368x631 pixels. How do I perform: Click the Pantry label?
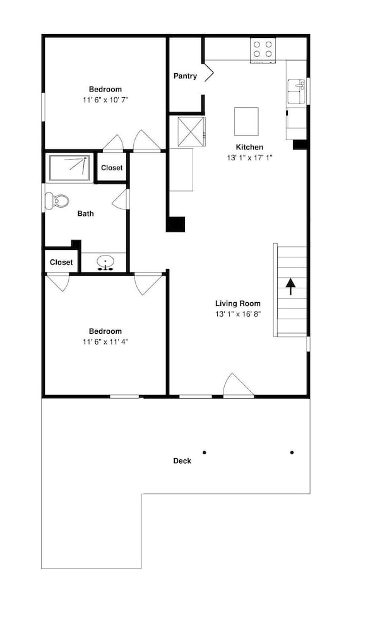point(185,76)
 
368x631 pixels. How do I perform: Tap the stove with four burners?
point(263,50)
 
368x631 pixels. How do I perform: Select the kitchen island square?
point(246,122)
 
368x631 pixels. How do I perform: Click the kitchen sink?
point(297,91)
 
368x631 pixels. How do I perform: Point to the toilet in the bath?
point(56,201)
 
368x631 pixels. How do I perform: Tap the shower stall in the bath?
point(69,167)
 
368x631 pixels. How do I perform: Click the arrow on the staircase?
point(290,287)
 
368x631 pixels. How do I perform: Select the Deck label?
point(182,461)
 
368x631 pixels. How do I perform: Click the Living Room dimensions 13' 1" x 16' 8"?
point(239,314)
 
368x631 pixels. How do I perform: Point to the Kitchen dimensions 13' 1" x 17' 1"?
point(249,158)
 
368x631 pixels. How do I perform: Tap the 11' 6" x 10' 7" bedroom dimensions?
point(105,100)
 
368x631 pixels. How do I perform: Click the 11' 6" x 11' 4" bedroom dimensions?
point(105,342)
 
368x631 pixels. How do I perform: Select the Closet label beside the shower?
point(112,168)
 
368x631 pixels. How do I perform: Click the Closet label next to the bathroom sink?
point(61,262)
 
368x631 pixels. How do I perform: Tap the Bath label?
point(85,214)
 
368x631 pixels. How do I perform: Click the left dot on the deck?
point(205,452)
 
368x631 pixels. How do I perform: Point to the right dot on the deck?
point(292,452)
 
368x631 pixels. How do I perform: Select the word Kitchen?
point(249,147)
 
